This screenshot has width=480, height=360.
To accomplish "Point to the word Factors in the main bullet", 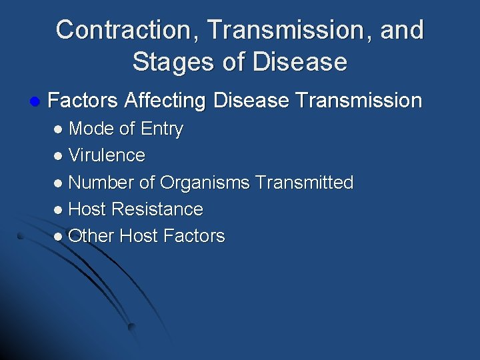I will pos(84,101).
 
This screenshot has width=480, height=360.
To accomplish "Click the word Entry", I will pos(161,129).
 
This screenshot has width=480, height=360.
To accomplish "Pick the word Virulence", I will pos(107,155).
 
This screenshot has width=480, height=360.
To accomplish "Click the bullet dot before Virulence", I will pos(59,156).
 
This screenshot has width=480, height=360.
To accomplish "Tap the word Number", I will pos(101,182).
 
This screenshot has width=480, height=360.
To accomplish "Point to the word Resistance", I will pos(157,209).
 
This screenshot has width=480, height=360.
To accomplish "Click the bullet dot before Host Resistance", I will pos(59,210).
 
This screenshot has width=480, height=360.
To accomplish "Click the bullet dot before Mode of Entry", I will pos(59,129).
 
